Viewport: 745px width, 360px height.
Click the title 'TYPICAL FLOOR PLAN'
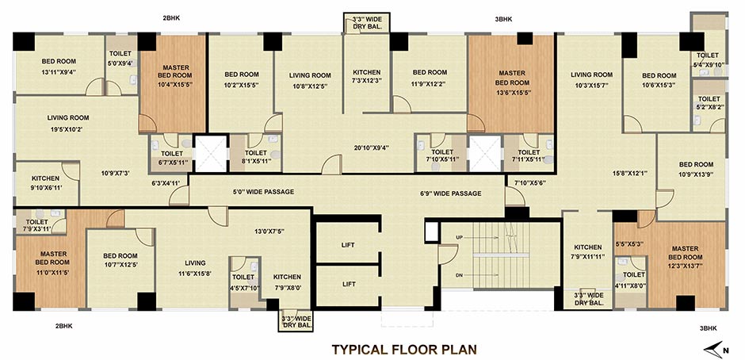404,350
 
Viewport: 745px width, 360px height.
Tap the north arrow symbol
713,349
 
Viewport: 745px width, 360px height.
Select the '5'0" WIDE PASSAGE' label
263,192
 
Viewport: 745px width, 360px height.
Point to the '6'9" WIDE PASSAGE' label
451,193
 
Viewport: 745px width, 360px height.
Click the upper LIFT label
348,245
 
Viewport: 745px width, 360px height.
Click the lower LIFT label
348,284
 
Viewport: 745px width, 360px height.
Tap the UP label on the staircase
460,237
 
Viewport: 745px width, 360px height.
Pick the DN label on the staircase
460,275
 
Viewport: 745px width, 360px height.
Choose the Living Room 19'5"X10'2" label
68,123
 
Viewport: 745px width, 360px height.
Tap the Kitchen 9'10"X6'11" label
46,183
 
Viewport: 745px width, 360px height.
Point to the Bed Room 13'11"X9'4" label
59,67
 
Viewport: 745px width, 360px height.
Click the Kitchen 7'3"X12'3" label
366,77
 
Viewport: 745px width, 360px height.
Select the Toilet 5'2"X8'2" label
709,103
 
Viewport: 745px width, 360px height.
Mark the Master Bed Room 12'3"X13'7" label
685,257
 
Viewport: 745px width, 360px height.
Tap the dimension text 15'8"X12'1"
629,174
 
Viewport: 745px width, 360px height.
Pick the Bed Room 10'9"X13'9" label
696,168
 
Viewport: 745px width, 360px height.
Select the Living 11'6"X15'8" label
195,267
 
